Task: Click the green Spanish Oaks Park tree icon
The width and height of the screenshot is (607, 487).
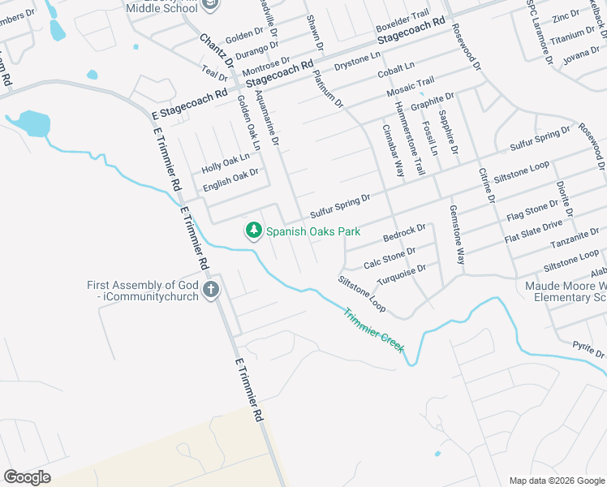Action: click(x=254, y=231)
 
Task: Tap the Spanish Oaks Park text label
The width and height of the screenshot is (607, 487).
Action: click(x=312, y=231)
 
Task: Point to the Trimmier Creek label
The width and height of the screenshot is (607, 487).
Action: click(x=373, y=330)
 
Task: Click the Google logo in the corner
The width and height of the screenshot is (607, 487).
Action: click(x=28, y=477)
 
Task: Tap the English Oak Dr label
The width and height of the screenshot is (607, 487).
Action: click(x=230, y=179)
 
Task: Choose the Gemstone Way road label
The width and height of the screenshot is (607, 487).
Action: click(x=457, y=235)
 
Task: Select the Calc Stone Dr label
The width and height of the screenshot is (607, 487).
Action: click(x=390, y=258)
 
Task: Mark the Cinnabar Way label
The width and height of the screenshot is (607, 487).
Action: click(x=394, y=148)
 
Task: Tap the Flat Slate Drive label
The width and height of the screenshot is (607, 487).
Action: click(x=533, y=231)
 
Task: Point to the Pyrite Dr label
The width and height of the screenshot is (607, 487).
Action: click(x=588, y=350)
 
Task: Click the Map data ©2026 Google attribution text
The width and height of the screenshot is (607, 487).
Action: click(x=557, y=481)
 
